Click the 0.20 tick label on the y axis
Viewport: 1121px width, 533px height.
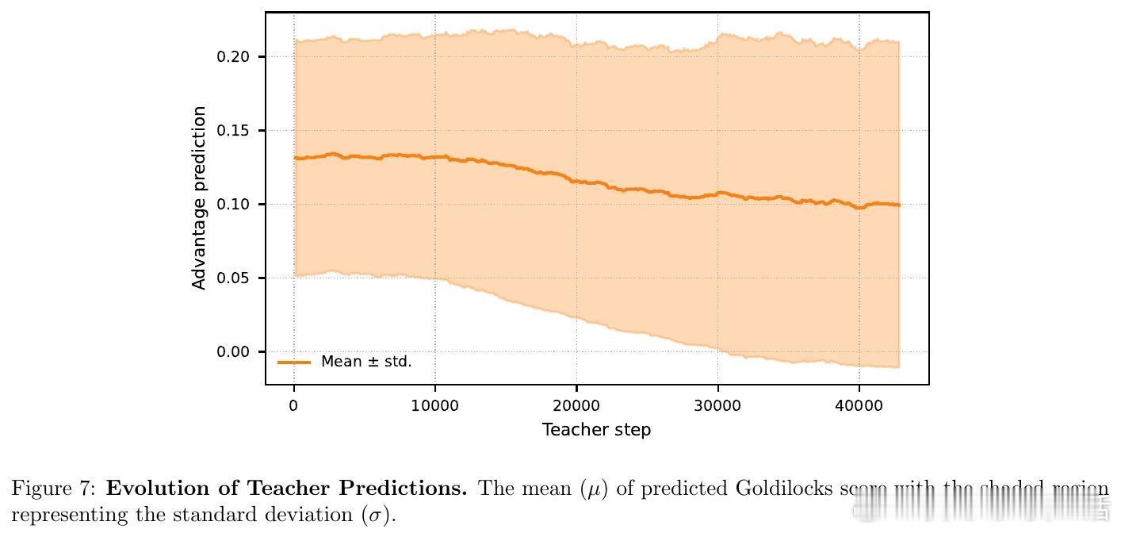[232, 57]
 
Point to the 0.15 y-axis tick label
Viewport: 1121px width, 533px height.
[232, 131]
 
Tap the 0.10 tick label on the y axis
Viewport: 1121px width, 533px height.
[232, 205]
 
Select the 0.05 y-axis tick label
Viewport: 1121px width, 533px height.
[232, 278]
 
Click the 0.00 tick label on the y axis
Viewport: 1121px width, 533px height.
[232, 352]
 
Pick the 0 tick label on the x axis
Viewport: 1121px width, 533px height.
[294, 405]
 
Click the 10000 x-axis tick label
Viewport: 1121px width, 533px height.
[435, 405]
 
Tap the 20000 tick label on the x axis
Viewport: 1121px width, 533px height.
[576, 405]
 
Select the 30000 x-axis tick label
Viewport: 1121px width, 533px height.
[717, 405]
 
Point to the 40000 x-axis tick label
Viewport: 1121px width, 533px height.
[859, 405]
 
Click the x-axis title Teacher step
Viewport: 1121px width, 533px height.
[596, 430]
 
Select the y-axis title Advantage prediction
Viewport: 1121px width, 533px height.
[200, 198]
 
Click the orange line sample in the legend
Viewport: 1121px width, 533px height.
[294, 362]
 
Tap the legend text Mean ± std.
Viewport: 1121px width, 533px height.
[366, 362]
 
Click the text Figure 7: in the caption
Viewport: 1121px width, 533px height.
[54, 489]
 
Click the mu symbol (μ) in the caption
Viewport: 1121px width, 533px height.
[592, 489]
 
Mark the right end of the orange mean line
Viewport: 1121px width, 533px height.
[899, 205]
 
